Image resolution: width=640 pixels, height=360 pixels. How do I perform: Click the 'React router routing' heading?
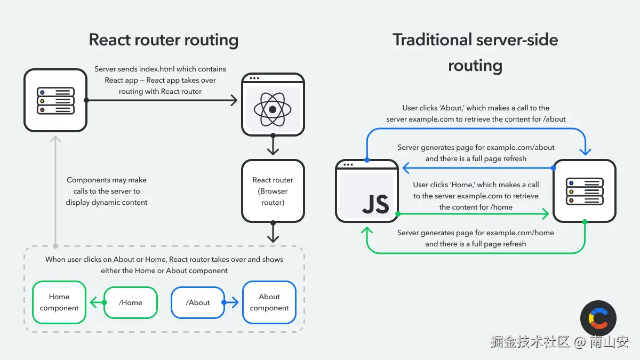coord(163,40)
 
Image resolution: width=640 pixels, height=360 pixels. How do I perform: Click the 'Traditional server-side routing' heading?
coord(475,52)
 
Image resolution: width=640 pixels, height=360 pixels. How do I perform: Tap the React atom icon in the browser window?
coord(273,109)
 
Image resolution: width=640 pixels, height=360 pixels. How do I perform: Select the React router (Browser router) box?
coord(273,191)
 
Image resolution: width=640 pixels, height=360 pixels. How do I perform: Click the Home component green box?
coord(59,302)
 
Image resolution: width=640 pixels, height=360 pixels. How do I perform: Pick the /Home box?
coord(131,302)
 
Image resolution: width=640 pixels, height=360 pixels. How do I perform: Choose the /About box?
coord(198,302)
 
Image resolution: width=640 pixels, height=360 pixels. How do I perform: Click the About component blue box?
coord(269,302)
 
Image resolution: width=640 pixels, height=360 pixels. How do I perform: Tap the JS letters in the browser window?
coord(375,204)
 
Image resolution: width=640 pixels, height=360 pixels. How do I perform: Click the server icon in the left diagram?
coord(55,100)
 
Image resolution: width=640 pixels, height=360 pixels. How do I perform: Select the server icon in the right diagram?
coord(585,191)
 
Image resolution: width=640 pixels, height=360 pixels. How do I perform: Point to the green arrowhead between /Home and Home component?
coord(93,302)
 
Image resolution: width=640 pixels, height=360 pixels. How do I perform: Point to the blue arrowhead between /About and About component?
coord(236,302)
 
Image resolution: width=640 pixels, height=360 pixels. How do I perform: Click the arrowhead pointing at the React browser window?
coord(233,100)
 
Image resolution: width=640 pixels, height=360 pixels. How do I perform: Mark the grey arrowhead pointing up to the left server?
coord(55,139)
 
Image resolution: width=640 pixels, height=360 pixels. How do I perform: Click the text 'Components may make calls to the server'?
coord(107,186)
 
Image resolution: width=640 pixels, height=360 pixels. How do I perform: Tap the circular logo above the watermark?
coord(598,318)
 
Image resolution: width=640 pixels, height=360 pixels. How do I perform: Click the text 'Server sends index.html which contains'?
coord(160,69)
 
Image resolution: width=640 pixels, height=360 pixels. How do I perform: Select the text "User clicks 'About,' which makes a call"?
coord(476,108)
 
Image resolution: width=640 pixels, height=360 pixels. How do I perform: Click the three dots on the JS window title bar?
coord(349,165)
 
